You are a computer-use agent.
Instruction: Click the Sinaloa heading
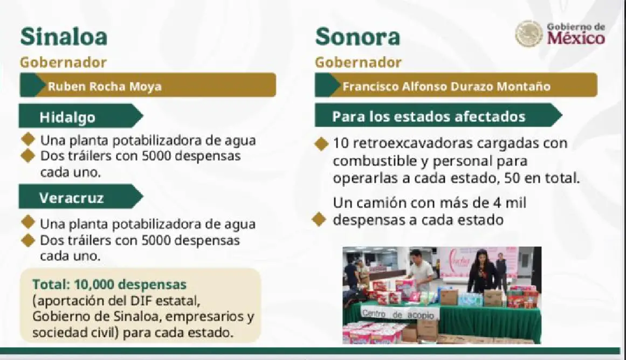(x=64, y=37)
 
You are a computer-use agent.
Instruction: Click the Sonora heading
(x=357, y=37)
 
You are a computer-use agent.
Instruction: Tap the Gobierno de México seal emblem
(x=529, y=34)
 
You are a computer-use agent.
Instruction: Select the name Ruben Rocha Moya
(x=105, y=86)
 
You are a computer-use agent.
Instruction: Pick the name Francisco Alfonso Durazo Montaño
(x=446, y=86)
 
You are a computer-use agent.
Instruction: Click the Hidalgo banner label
(x=67, y=117)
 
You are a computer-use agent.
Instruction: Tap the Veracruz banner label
(x=72, y=198)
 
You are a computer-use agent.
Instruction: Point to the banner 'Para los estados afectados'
(x=429, y=116)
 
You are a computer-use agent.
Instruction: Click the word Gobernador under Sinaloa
(x=63, y=63)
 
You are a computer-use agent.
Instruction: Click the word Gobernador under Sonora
(x=358, y=63)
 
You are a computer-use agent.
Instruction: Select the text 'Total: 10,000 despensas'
(x=109, y=285)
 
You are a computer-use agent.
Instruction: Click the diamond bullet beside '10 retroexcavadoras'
(x=321, y=144)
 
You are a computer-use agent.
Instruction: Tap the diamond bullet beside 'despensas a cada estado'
(x=319, y=219)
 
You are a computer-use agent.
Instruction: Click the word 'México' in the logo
(x=576, y=39)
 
